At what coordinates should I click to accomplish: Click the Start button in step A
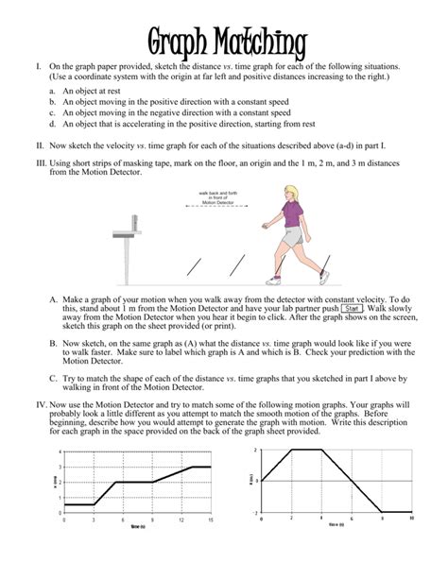pos(353,308)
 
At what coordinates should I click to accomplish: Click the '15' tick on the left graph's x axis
pos(210,520)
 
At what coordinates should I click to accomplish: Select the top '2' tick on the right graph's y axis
pos(254,451)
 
